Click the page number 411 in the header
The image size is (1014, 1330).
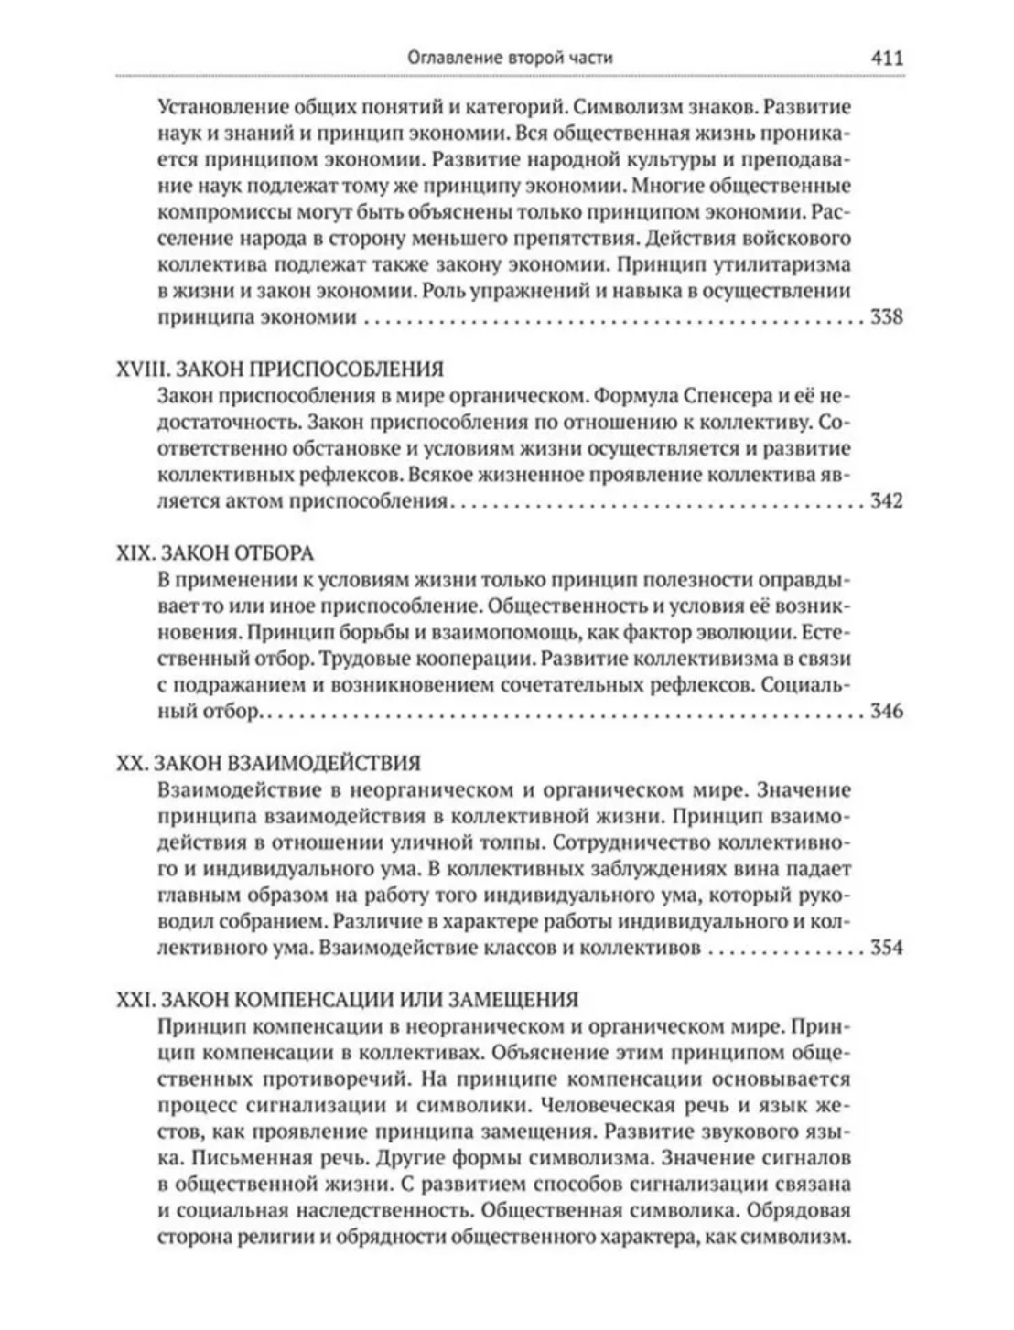pos(887,57)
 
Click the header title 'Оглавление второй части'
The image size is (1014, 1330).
pos(510,57)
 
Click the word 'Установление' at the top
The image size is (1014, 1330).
pos(217,107)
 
